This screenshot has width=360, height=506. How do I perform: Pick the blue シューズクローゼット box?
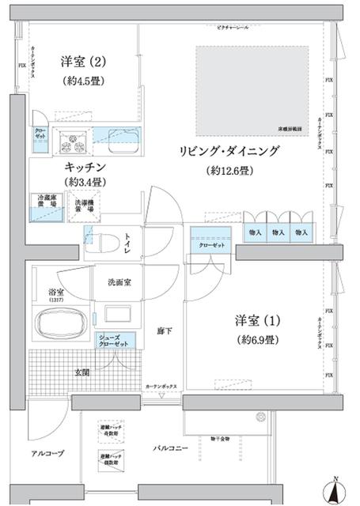113,341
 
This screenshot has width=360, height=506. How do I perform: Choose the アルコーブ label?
49,453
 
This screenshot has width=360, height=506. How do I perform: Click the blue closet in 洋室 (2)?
40,135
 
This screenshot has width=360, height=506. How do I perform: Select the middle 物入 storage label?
278,232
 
